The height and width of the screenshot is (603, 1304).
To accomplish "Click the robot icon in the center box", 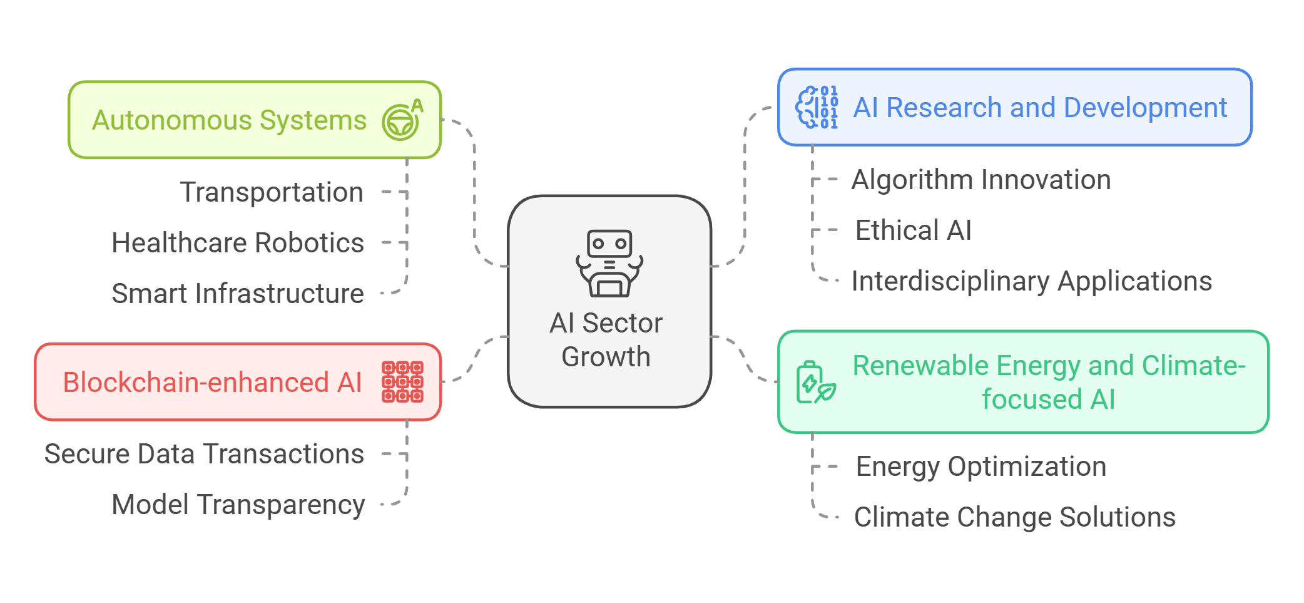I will coord(609,263).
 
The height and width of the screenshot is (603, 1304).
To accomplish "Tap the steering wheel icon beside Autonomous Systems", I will coord(402,120).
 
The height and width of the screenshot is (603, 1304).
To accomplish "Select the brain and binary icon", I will coord(817,108).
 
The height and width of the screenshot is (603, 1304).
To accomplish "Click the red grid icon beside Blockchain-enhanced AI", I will coord(402,381).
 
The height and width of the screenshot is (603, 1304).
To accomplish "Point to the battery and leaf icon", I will coord(815,382).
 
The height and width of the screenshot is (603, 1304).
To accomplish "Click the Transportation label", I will coord(272,192).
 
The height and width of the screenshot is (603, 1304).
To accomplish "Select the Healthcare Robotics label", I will coord(237,243).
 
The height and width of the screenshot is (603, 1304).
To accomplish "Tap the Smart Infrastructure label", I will coord(237,294).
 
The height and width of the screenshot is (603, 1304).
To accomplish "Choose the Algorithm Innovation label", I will coord(981,180).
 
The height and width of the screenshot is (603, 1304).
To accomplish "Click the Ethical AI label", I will coord(913,230).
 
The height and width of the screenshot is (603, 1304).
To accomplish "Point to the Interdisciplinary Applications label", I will coord(1031,281).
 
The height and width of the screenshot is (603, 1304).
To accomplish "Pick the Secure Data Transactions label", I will coord(204,454).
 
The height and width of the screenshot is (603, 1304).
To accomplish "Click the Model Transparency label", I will coord(238,505).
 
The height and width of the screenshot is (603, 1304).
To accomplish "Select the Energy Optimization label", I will coord(981,466).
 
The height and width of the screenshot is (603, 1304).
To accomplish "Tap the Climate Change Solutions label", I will coord(1014,517).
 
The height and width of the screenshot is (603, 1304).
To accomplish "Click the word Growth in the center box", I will coord(606,357).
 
